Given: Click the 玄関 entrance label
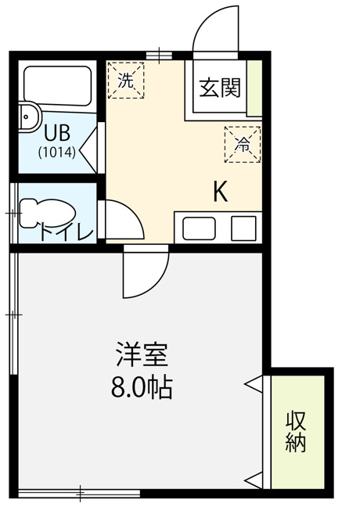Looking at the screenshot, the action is point(220,88).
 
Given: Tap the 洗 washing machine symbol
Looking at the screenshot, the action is point(126,81).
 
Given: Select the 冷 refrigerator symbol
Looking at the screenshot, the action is point(243,145).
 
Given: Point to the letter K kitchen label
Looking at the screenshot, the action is point(220,192).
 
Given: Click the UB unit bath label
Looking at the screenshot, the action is point(57,133).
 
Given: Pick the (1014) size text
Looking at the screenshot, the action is point(56,153).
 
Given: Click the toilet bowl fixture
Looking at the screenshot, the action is point(47,214).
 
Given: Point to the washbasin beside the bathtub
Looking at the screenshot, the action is point(30,116).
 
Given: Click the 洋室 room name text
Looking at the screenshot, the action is point(142,354).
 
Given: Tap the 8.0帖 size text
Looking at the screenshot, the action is point(142,387).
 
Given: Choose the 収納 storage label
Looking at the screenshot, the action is point(296,431).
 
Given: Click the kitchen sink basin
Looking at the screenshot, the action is point(199,228).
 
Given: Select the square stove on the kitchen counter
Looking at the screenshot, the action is point(243,228).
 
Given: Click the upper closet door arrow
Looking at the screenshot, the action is point(253,384).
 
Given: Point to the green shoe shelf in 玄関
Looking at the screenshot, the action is point(254,88).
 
